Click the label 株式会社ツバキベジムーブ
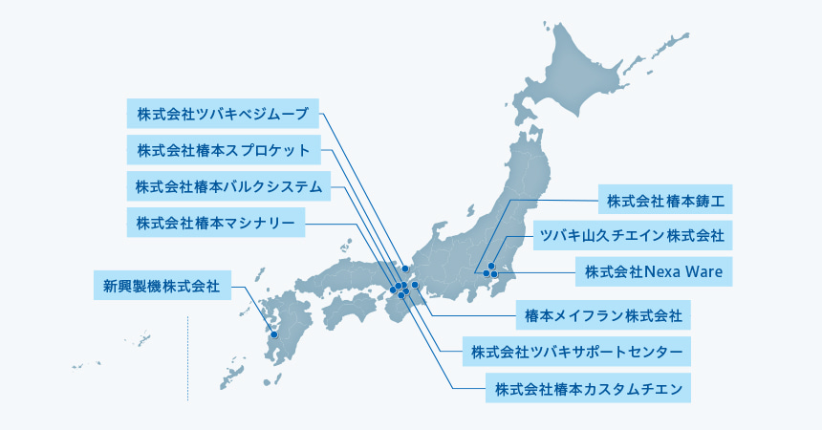click(x=222, y=113)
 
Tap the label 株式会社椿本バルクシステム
click(x=228, y=185)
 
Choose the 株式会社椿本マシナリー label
click(x=215, y=224)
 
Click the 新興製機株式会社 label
click(x=162, y=285)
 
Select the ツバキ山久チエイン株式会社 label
click(x=631, y=234)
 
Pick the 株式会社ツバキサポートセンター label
click(x=575, y=351)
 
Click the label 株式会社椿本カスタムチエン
click(x=587, y=388)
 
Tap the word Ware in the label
click(x=703, y=270)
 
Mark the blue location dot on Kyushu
click(x=273, y=334)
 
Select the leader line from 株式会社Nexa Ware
click(x=535, y=272)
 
